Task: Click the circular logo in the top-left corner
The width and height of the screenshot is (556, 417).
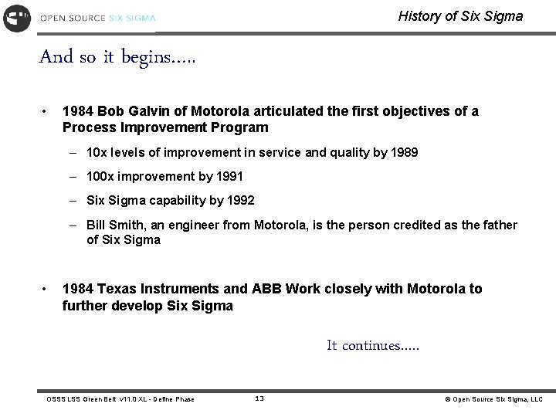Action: coord(17,17)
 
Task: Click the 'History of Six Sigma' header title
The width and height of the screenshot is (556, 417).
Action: coord(460,16)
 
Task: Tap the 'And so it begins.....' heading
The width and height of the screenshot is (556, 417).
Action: coord(117,56)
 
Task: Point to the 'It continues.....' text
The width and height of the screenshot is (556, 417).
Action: coord(373,346)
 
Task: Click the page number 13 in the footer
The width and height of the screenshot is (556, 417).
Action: coord(259,398)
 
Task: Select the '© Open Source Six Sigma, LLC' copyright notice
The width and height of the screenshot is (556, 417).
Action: coord(493,399)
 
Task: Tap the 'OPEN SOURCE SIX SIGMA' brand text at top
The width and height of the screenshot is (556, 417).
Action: coord(97,17)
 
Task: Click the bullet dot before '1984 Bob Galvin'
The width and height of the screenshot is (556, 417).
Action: coord(47,111)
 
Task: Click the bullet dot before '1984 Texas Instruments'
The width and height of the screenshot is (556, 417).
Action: coord(47,290)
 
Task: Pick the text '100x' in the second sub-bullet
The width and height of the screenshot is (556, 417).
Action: coord(101,177)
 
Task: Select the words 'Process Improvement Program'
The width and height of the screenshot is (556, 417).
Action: coord(165,127)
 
